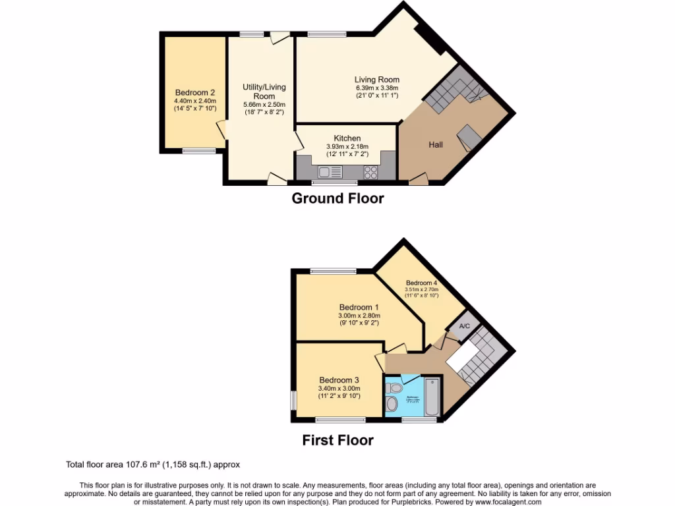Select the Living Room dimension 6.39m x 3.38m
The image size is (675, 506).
(377, 88)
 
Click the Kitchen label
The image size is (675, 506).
(347, 138)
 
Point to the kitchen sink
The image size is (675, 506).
(328, 172)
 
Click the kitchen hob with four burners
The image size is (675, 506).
(370, 172)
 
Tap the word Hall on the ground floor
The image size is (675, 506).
(436, 144)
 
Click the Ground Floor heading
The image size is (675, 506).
(337, 198)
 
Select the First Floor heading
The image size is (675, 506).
(337, 440)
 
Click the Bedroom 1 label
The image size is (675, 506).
(359, 307)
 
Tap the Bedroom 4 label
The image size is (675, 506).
(422, 283)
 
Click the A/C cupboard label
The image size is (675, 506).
(464, 326)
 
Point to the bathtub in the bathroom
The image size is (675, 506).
(431, 397)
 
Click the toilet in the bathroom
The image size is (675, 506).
(393, 403)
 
